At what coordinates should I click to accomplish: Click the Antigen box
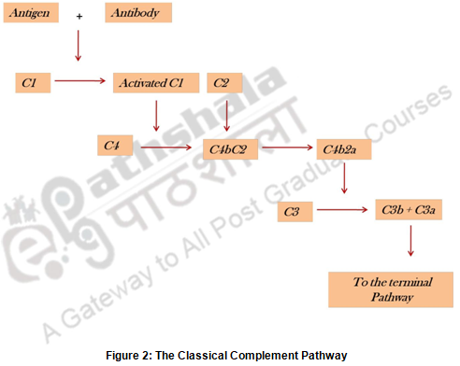(31, 13)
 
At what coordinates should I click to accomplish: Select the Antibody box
(138, 13)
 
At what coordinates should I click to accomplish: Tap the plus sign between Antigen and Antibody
(79, 16)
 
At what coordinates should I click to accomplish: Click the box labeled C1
(33, 83)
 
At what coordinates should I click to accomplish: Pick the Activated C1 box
(156, 83)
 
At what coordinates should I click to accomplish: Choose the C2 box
(224, 83)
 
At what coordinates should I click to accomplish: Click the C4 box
(115, 146)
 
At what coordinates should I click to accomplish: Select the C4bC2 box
(230, 149)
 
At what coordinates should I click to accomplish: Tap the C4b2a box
(344, 149)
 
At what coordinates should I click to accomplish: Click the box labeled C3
(295, 212)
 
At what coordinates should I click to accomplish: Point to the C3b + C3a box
(409, 210)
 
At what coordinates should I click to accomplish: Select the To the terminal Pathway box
(391, 289)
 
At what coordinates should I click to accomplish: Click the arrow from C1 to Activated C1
(80, 81)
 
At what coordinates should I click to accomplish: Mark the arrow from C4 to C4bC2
(166, 148)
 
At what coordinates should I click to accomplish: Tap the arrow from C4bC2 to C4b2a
(287, 148)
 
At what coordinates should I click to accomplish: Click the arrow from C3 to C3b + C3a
(342, 210)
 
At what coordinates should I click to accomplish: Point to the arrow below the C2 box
(227, 116)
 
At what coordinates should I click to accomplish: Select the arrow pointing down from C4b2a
(344, 178)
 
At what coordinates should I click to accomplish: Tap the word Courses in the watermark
(409, 113)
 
